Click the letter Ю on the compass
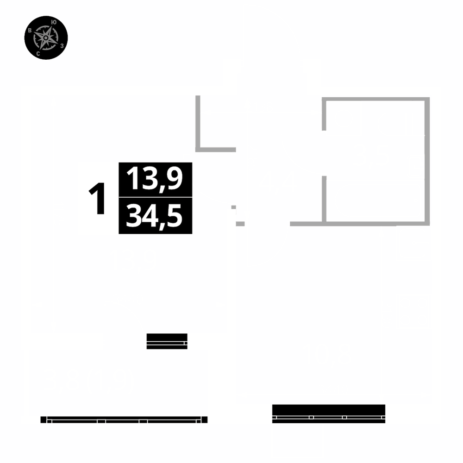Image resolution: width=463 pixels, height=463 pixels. click(x=54, y=22)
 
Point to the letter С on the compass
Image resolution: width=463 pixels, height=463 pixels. click(x=38, y=54)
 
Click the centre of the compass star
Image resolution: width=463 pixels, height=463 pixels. click(x=45, y=38)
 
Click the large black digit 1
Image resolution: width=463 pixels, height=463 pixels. click(x=98, y=199)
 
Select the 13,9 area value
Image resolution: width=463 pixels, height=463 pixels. click(x=155, y=179)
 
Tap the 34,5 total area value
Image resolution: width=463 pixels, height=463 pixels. click(x=155, y=216)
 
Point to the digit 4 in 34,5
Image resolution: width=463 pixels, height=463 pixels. click(x=150, y=216)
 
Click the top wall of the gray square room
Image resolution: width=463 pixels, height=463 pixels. click(x=375, y=99)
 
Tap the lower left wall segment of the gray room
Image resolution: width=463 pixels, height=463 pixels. click(x=325, y=199)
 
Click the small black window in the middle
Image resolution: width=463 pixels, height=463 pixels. click(x=167, y=341)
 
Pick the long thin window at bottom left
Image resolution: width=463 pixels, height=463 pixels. click(x=124, y=419)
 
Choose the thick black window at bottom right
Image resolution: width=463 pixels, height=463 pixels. click(x=329, y=413)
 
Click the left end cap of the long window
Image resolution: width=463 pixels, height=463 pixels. click(x=44, y=419)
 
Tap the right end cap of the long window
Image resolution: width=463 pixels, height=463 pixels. click(x=204, y=419)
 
